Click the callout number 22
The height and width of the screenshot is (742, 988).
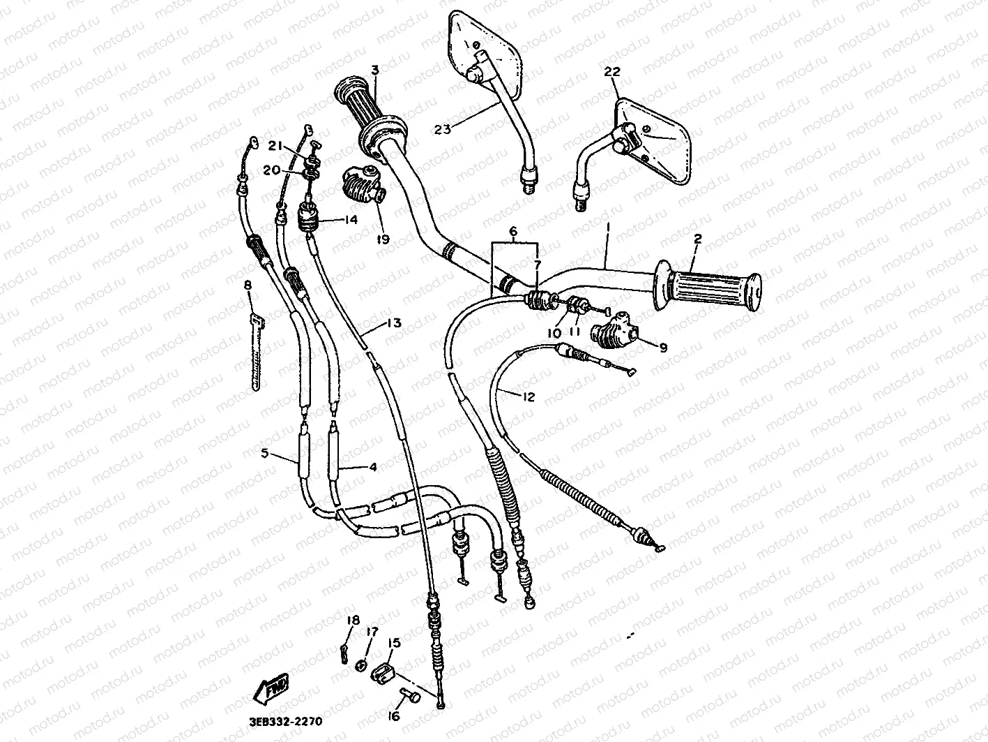[x=612, y=72]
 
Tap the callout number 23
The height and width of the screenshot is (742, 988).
[x=443, y=128]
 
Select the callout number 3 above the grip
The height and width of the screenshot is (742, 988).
[x=374, y=70]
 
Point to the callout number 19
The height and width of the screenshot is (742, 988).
[x=383, y=239]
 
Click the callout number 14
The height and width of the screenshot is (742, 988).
[x=350, y=219]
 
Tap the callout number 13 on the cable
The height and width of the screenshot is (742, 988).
[x=394, y=323]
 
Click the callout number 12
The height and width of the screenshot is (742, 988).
[x=528, y=396]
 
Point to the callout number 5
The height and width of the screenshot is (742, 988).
[x=264, y=453]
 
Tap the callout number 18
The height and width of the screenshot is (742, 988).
[x=353, y=620]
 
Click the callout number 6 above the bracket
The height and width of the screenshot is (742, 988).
[x=513, y=230]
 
